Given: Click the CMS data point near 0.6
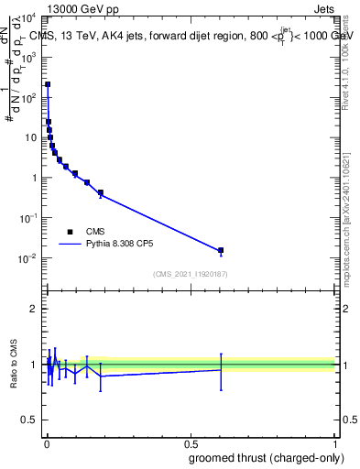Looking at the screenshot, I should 221,250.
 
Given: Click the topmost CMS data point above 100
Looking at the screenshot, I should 48,84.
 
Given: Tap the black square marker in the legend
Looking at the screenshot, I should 70,232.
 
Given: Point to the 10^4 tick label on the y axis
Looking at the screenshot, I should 29,16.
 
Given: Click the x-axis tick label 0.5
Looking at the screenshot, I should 191,444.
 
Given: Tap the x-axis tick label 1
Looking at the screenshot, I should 335,444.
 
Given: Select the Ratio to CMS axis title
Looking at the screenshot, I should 14,364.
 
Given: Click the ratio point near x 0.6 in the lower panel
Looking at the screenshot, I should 221,370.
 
